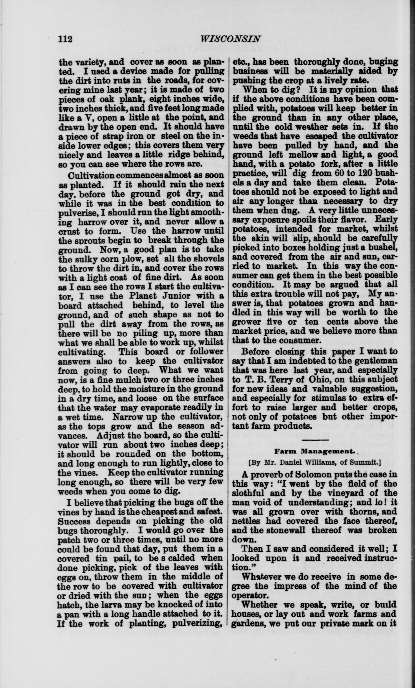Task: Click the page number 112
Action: [x=65, y=39]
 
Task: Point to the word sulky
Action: [x=85, y=259]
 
